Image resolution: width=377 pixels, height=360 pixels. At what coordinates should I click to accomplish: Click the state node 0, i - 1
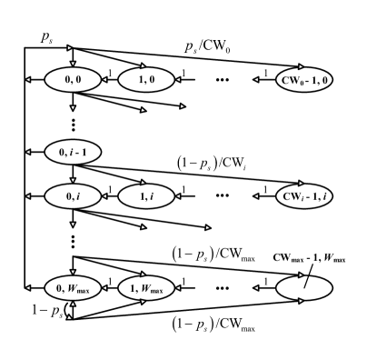coord(72,149)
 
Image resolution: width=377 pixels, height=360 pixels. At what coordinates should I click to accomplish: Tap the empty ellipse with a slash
coord(303,289)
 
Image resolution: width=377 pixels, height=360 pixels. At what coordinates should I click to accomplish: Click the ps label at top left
coord(46,36)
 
